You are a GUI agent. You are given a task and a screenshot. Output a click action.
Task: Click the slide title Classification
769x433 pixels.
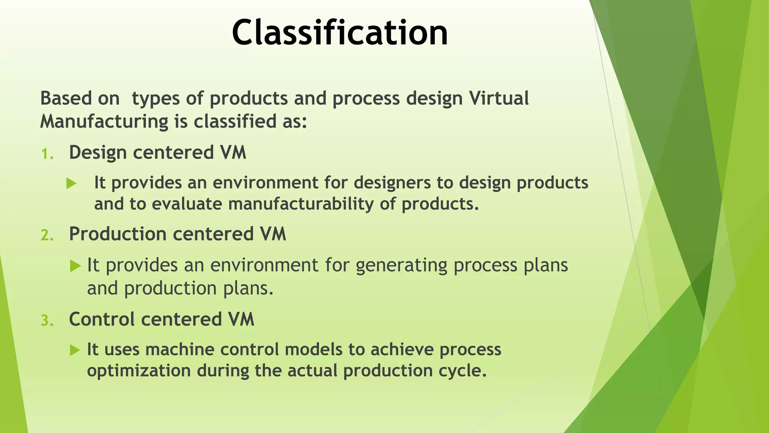(x=340, y=33)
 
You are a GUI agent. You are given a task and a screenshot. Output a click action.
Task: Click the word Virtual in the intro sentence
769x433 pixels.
(x=499, y=98)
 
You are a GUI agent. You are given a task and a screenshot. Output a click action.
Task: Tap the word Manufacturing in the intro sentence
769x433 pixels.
(x=104, y=122)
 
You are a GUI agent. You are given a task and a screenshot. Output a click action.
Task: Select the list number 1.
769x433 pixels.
(x=47, y=154)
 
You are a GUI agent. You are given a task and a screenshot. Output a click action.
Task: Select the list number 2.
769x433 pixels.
(x=47, y=236)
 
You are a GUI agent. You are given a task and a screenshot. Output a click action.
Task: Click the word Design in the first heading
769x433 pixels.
(x=98, y=153)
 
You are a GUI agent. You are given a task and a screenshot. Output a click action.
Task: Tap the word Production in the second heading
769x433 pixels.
(x=118, y=234)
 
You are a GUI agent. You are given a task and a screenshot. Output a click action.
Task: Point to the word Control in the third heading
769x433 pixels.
(x=102, y=319)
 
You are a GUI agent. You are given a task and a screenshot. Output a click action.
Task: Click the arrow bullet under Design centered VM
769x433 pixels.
(x=71, y=184)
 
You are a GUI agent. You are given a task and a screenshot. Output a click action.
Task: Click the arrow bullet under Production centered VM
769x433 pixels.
(x=75, y=266)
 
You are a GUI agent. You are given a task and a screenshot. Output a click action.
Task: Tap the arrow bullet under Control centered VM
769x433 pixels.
(x=75, y=351)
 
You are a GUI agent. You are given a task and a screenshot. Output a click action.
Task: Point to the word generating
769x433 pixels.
(x=401, y=265)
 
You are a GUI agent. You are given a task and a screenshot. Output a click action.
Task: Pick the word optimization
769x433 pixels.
(x=139, y=371)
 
